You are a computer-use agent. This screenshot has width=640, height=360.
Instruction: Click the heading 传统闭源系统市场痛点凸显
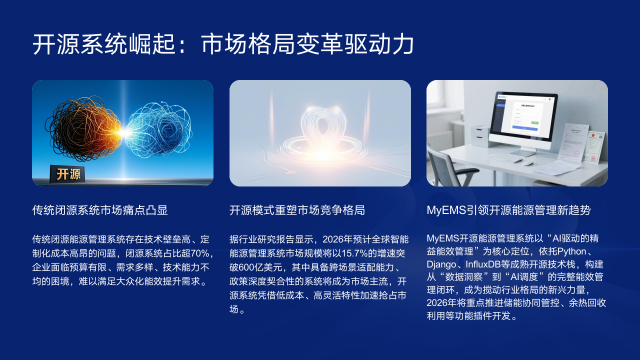point(100,211)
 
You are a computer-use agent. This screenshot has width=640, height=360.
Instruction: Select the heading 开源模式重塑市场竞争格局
point(297,211)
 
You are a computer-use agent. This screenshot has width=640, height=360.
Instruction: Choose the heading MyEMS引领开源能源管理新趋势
point(516,211)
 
